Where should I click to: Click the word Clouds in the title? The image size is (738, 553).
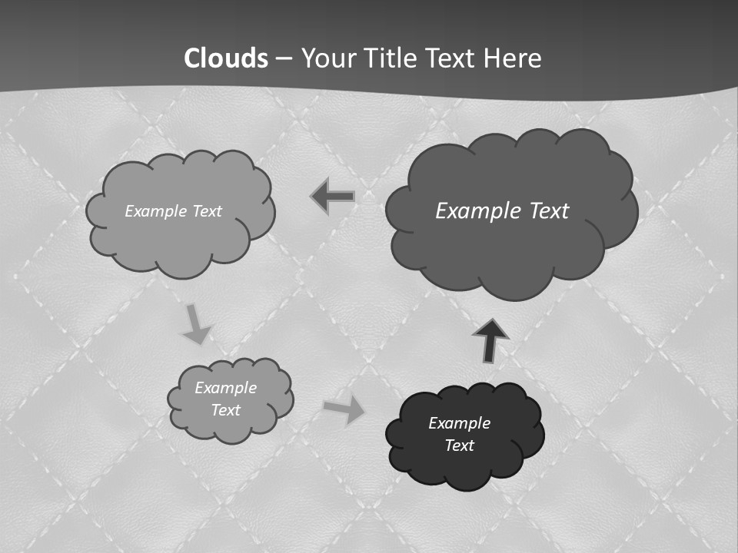pyautogui.click(x=226, y=58)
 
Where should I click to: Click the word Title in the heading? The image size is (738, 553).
pyautogui.click(x=391, y=58)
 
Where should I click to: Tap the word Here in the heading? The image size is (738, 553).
pyautogui.click(x=514, y=58)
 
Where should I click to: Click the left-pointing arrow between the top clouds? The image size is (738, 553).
pyautogui.click(x=333, y=197)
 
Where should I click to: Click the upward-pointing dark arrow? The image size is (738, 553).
pyautogui.click(x=490, y=339)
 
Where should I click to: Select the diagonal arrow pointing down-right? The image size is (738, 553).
pyautogui.click(x=196, y=323)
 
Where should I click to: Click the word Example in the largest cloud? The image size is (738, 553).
pyautogui.click(x=472, y=211)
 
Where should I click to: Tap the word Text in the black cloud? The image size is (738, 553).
pyautogui.click(x=459, y=445)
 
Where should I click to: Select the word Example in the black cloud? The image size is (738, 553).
pyautogui.click(x=459, y=423)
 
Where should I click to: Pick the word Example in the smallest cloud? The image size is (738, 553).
pyautogui.click(x=225, y=388)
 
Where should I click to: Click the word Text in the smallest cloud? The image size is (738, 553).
pyautogui.click(x=225, y=410)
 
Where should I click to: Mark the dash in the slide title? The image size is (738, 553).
pyautogui.click(x=284, y=59)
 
